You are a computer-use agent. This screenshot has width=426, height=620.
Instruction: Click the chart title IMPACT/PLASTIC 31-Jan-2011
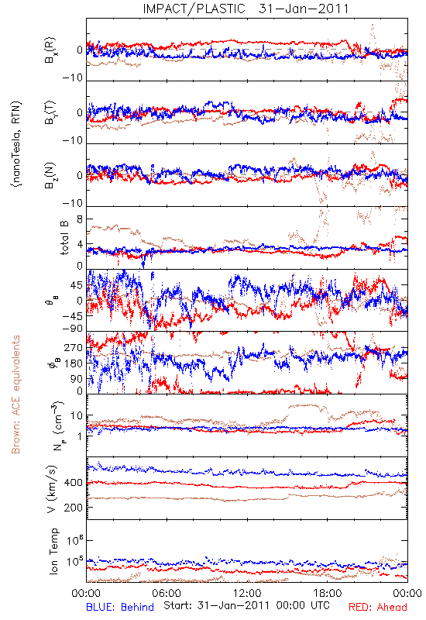(246, 9)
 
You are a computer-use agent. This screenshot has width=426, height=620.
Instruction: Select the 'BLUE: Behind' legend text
(120, 607)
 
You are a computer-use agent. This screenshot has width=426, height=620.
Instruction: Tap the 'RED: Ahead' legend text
(377, 607)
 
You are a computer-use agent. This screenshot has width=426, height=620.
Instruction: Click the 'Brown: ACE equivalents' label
(15, 394)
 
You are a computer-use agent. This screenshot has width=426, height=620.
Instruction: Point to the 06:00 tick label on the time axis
(167, 593)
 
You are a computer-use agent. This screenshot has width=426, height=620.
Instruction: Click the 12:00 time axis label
(247, 593)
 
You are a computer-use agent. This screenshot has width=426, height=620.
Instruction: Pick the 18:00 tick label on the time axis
(328, 593)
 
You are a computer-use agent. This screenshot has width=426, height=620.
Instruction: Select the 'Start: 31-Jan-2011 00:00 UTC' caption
(246, 605)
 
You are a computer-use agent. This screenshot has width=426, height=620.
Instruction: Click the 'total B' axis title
(64, 238)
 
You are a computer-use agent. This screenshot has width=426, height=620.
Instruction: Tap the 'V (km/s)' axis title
(51, 489)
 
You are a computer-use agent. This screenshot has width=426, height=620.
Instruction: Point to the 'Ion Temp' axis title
(53, 551)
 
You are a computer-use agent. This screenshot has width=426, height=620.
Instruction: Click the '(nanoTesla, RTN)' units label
(16, 144)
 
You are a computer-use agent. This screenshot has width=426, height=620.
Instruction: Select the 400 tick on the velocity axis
(74, 482)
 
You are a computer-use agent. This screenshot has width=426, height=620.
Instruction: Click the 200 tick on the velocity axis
(74, 508)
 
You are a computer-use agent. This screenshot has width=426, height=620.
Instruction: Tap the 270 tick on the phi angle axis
(74, 347)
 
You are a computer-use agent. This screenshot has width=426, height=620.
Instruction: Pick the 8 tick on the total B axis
(80, 219)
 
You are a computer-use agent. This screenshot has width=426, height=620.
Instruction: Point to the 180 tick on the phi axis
(74, 363)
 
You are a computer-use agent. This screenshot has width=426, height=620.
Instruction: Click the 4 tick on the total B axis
(80, 244)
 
